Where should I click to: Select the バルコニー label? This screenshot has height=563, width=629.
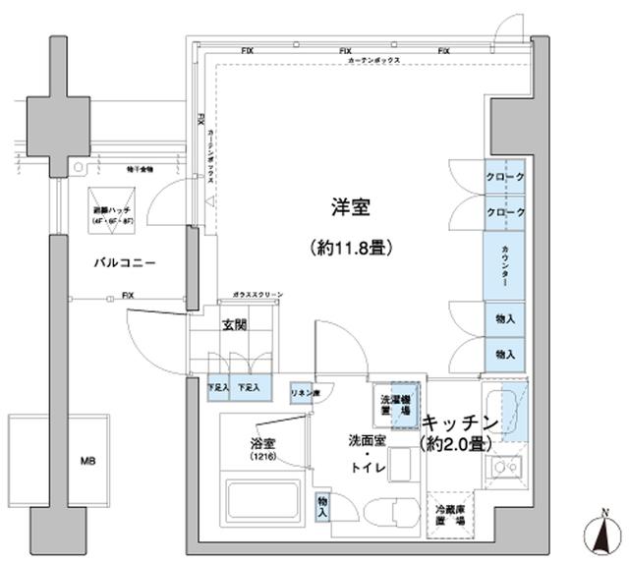pyautogui.click(x=126, y=263)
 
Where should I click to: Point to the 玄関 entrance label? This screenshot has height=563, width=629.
pyautogui.click(x=234, y=325)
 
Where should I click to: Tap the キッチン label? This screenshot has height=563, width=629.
pyautogui.click(x=462, y=423)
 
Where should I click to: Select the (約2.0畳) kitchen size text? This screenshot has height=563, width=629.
pyautogui.click(x=459, y=444)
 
